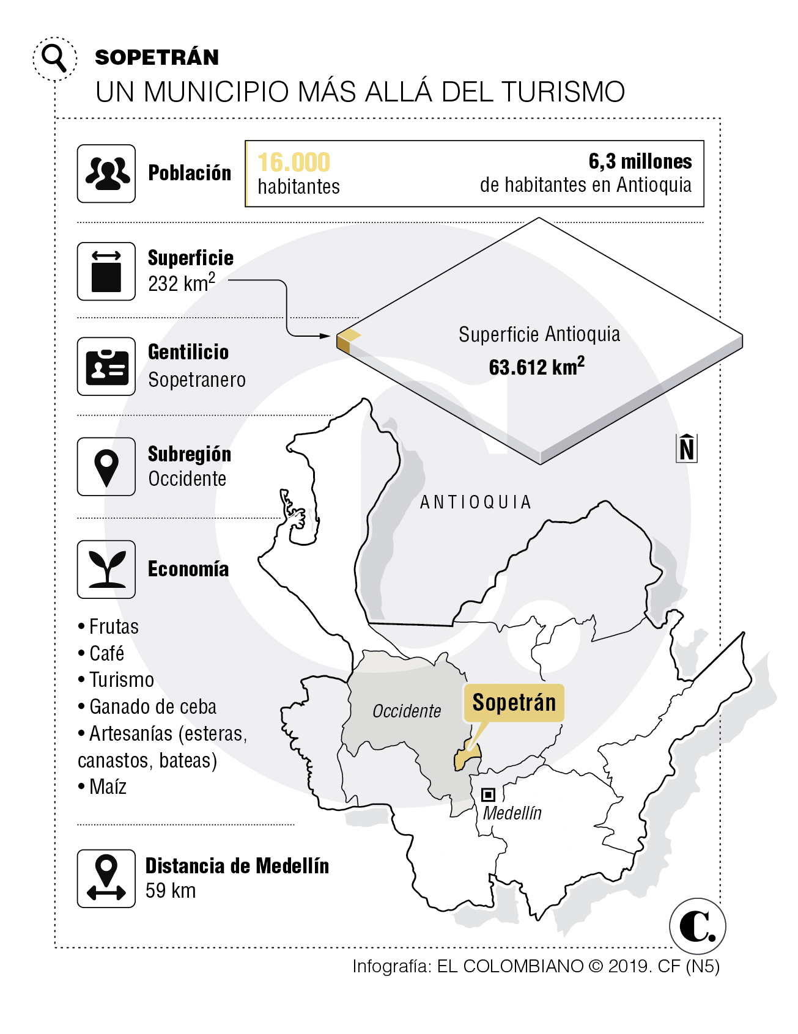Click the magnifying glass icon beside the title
(x=55, y=58)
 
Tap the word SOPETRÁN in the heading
(x=157, y=57)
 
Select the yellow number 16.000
(x=294, y=163)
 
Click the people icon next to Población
(x=106, y=174)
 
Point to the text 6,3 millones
(x=640, y=161)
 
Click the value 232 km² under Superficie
(x=182, y=284)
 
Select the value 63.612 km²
(x=536, y=367)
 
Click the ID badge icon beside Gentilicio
(x=106, y=367)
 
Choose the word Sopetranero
(x=197, y=380)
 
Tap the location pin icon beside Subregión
(x=106, y=467)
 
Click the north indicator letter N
(x=687, y=449)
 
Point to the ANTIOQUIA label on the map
(x=476, y=502)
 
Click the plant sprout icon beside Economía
(x=106, y=570)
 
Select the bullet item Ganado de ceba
(x=153, y=707)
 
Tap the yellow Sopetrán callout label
(x=514, y=703)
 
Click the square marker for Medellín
(x=488, y=794)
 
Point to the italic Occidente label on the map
(x=407, y=711)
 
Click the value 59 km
(x=171, y=891)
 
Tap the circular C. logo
(x=697, y=926)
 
